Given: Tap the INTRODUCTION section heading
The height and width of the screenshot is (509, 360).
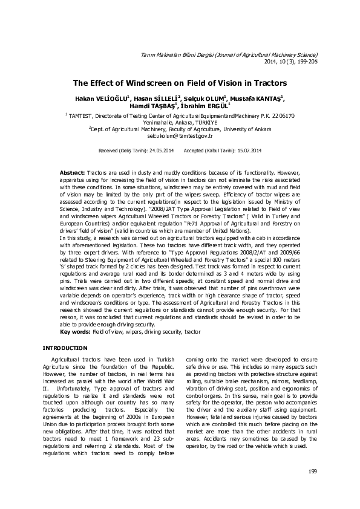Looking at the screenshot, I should [65, 348].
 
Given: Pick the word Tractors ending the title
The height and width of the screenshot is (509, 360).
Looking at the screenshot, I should [269, 83].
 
